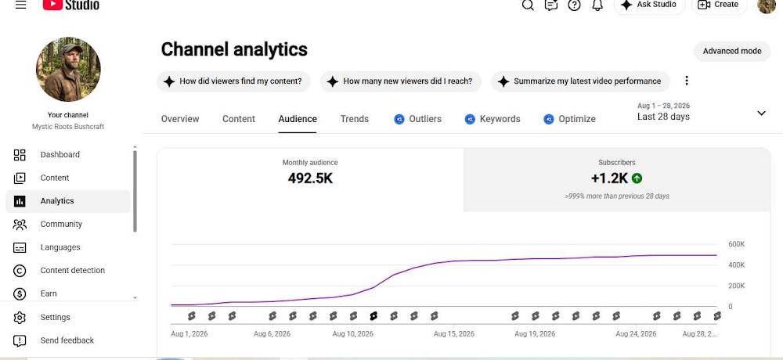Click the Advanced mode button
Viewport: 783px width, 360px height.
tap(731, 51)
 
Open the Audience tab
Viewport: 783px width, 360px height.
tap(298, 119)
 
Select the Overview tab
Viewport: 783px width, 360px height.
tap(180, 119)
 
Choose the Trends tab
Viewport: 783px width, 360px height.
tap(355, 119)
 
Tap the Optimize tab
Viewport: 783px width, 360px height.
tap(570, 119)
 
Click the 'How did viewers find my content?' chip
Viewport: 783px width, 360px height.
tap(233, 81)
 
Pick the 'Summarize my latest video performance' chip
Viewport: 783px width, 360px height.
tap(580, 81)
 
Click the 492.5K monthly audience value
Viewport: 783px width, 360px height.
tap(310, 178)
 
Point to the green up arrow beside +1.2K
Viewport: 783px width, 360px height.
tap(637, 178)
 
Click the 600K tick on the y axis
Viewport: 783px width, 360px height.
tap(737, 244)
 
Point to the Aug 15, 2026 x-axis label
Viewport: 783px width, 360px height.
tap(454, 334)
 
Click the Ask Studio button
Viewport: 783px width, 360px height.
tap(648, 5)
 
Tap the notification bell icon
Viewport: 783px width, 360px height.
tap(597, 5)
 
